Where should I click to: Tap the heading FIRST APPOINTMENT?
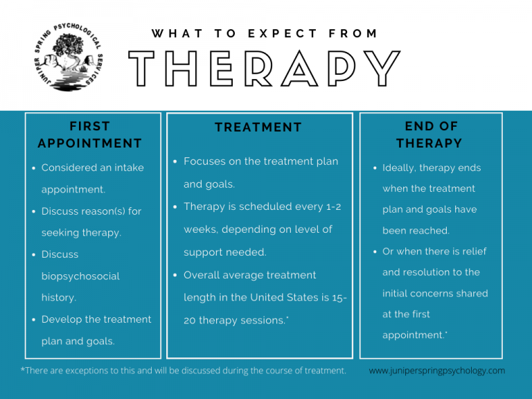click(x=89, y=135)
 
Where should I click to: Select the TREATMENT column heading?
click(x=258, y=127)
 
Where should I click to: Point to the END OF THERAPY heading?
click(x=430, y=135)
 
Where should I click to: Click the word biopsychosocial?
click(x=80, y=276)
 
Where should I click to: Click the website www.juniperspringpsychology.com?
click(x=437, y=371)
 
